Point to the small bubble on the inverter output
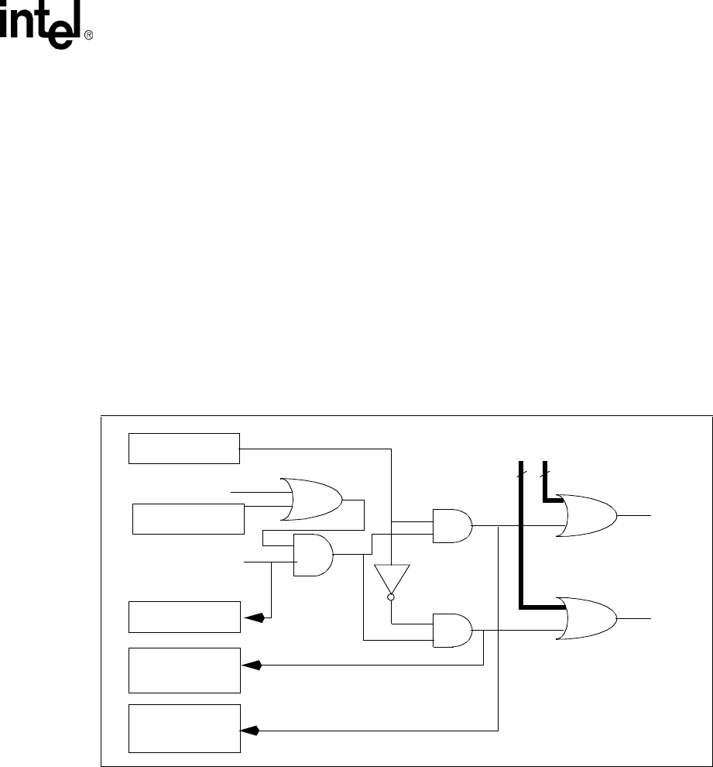point(391,597)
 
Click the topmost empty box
point(184,449)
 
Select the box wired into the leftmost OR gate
point(188,518)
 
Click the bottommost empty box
point(184,727)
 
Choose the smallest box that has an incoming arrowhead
point(184,616)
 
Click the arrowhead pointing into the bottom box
point(250,730)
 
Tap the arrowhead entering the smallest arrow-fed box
point(255,617)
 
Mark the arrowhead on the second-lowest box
point(250,665)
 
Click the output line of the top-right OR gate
point(635,514)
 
